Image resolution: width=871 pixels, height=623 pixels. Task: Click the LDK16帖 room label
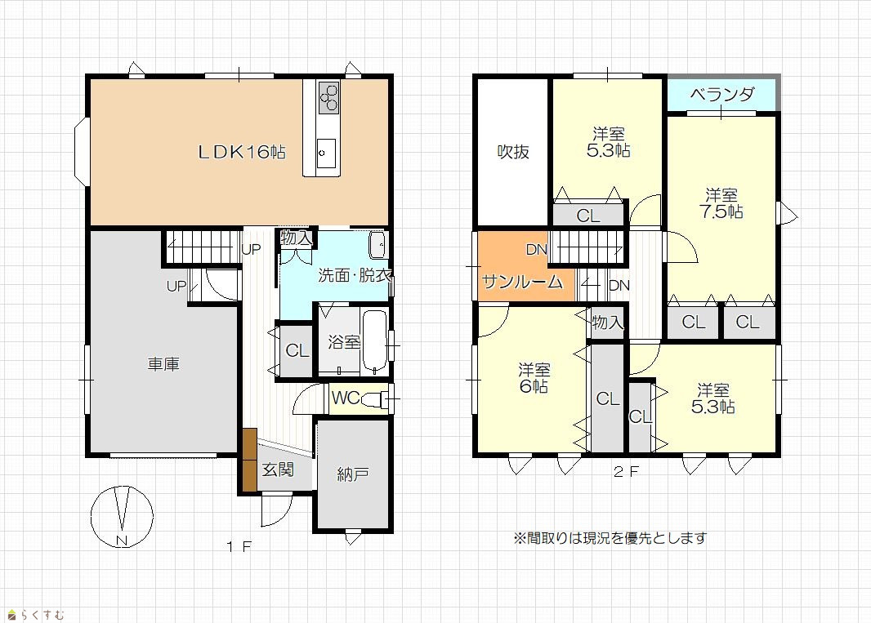(242, 152)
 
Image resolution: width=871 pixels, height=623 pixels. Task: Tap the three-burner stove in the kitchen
(328, 97)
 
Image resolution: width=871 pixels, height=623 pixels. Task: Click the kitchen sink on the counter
(326, 153)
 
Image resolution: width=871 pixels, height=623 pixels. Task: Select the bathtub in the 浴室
(375, 342)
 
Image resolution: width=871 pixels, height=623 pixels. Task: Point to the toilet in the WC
(376, 398)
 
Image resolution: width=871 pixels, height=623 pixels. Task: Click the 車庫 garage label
(163, 364)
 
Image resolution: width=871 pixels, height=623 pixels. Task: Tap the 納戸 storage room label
(353, 474)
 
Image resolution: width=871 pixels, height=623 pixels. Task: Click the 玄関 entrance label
(278, 469)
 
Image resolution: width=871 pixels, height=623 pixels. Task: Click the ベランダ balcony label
(722, 95)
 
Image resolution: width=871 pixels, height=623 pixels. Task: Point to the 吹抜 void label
(512, 152)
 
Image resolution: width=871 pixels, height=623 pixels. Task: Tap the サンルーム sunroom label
(523, 282)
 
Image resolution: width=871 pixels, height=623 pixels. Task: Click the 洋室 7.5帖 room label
(721, 203)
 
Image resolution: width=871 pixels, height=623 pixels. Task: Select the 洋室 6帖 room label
(534, 378)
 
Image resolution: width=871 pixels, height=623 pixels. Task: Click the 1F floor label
(239, 547)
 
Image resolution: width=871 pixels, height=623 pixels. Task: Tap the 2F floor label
(626, 472)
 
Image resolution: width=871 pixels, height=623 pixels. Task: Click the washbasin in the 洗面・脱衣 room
(377, 245)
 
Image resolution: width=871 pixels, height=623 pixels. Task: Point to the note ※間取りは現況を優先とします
(610, 538)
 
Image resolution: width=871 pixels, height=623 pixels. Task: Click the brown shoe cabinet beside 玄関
(249, 460)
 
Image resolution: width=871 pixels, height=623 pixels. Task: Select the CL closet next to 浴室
(297, 350)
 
